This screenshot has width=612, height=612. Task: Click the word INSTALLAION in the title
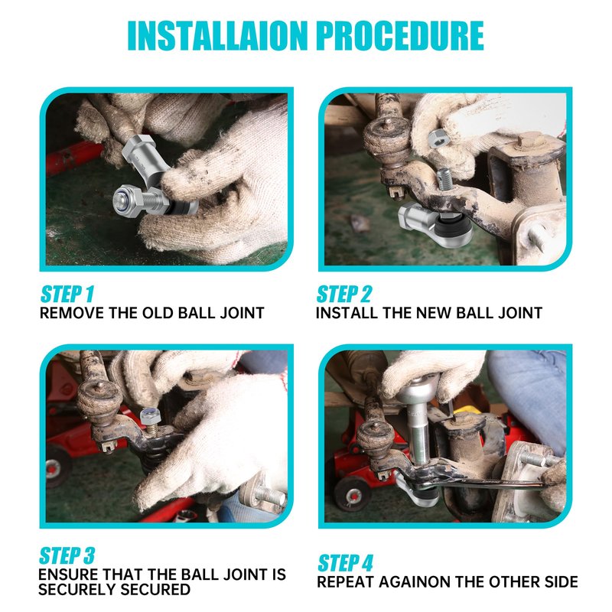pos(218,35)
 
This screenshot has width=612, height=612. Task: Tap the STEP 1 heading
pos(67,295)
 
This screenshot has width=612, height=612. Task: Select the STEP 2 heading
pos(344,295)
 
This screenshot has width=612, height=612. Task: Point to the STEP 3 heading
pos(67,556)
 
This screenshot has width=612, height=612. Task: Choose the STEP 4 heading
pos(346,563)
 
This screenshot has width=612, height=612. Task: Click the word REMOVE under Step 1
pos(72,313)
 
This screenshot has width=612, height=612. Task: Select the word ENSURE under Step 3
pos(68,575)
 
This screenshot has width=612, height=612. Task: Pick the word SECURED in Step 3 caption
pos(152,589)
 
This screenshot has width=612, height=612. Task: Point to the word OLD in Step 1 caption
pos(158,313)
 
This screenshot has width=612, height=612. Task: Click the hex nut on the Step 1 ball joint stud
pos(129,200)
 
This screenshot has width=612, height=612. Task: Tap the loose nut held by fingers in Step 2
pos(439,139)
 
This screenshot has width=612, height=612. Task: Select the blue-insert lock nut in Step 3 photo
pos(150,416)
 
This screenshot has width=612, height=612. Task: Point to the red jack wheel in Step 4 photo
pos(353,494)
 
